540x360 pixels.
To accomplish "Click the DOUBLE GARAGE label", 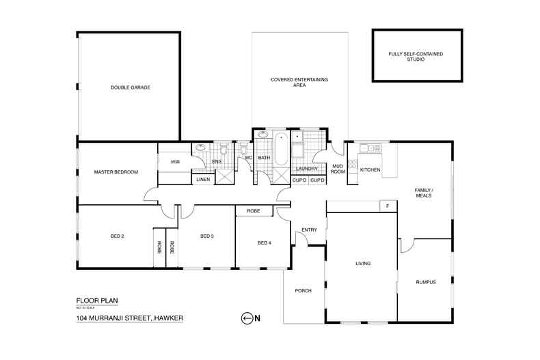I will tap(130, 87).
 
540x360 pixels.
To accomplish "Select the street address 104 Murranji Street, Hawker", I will tap(130, 318).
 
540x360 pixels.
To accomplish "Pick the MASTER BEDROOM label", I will tap(116, 172).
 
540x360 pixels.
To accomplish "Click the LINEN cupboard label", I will tap(203, 180).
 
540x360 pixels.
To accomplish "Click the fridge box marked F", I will tap(388, 206).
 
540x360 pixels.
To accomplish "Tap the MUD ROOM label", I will tap(338, 169).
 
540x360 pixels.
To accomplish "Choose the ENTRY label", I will tap(309, 230).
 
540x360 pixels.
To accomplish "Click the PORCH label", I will tap(303, 291).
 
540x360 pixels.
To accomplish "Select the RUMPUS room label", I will tap(425, 281).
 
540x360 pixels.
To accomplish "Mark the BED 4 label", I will tap(264, 243).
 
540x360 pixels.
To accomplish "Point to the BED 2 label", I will tap(117, 236).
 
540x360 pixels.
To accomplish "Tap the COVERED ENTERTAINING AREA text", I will tap(299, 83).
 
